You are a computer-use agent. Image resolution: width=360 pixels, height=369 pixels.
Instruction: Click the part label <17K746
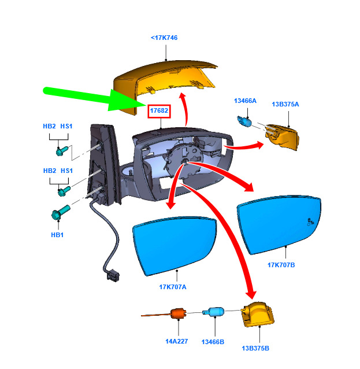click(164, 38)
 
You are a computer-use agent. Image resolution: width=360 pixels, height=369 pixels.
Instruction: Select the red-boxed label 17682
click(159, 110)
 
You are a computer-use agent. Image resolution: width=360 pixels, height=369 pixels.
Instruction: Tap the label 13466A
click(245, 101)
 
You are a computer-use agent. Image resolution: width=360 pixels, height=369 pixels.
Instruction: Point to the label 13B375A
click(285, 104)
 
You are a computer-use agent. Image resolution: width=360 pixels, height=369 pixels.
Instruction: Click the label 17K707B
click(281, 265)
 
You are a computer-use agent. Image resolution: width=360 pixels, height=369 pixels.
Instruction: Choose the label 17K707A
click(173, 287)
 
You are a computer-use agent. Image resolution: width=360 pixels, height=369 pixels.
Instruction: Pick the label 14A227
click(177, 341)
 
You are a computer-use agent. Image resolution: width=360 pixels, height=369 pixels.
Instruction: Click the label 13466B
click(213, 342)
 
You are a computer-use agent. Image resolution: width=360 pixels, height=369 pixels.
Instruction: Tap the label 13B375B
click(255, 348)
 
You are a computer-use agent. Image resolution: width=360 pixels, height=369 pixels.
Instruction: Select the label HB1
click(57, 235)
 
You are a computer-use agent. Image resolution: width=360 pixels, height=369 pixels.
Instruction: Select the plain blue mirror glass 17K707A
click(174, 245)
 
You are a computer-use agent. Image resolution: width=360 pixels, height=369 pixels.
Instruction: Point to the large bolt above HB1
click(60, 212)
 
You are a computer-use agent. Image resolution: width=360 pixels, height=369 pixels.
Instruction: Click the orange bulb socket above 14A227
click(178, 313)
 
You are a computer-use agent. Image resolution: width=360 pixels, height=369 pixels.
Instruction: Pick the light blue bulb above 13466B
click(213, 312)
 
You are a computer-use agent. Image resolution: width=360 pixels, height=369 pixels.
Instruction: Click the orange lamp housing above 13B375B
click(258, 314)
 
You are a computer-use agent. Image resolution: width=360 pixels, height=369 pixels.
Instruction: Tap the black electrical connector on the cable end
click(113, 275)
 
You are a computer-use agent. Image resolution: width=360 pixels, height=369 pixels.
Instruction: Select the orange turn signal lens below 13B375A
click(282, 136)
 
